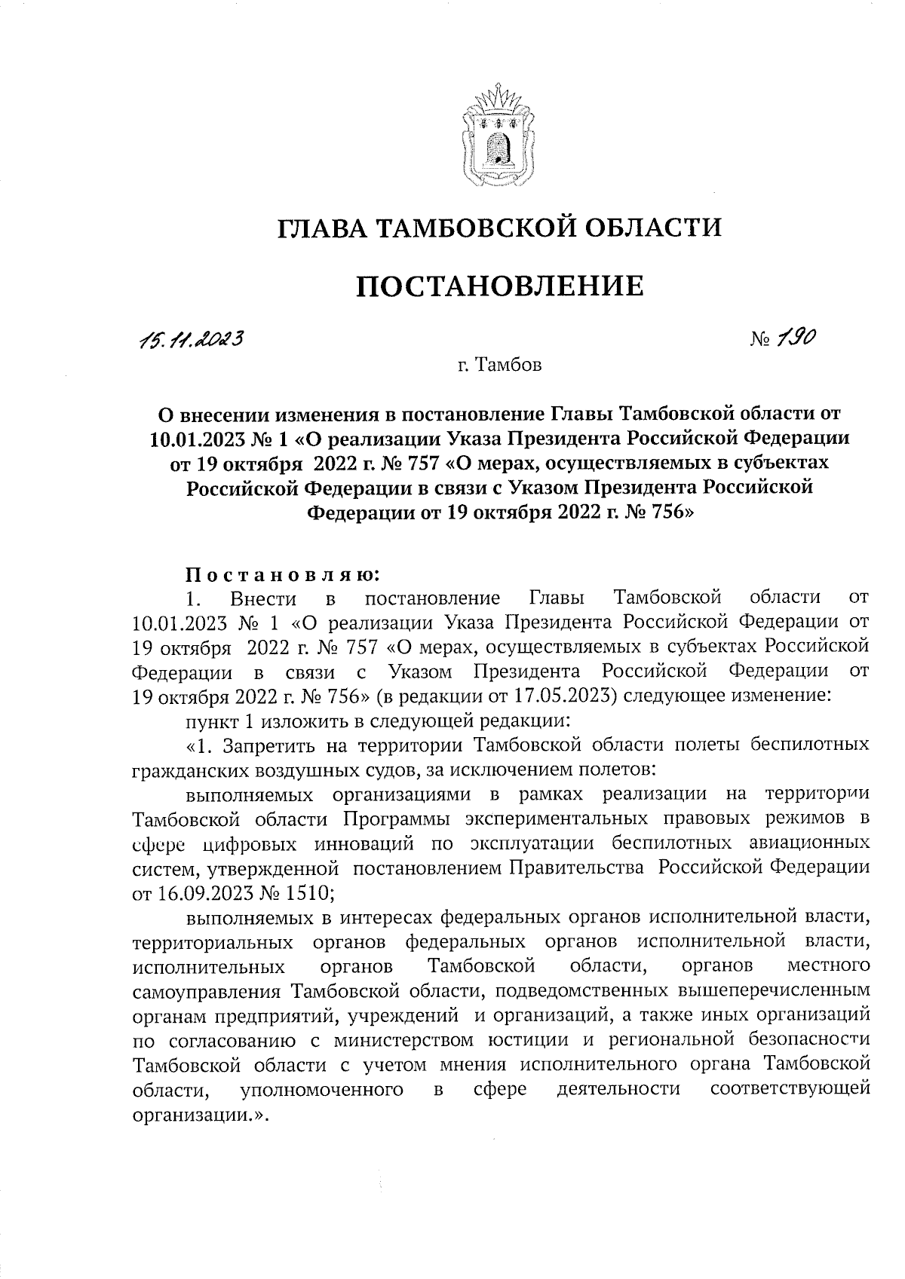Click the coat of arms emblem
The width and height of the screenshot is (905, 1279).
pyautogui.click(x=498, y=139)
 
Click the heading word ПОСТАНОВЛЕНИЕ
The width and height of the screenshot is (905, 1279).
pyautogui.click(x=499, y=287)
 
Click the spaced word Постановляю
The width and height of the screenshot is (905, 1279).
pyautogui.click(x=281, y=575)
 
